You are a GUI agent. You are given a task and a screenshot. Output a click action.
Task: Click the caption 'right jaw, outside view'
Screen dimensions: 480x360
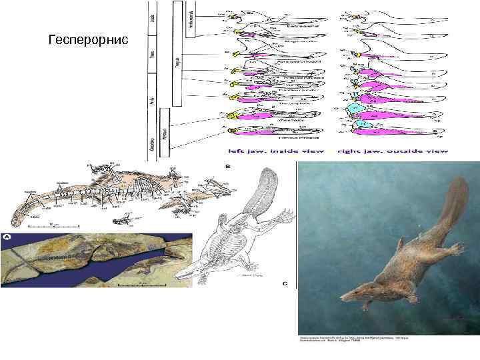393,151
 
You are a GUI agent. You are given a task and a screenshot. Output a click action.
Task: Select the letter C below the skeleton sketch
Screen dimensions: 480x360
285,283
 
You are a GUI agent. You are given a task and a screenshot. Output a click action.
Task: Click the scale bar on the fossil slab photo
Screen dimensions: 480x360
143,282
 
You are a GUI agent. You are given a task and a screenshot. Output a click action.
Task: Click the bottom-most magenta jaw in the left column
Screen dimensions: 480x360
263,135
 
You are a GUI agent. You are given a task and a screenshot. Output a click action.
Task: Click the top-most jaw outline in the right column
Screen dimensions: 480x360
393,17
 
